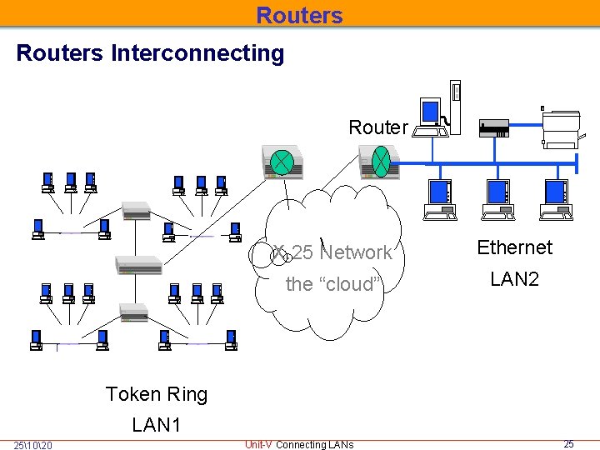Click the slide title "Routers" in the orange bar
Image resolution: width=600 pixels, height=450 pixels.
[x=299, y=15]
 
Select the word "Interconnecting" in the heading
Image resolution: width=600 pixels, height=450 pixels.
[x=197, y=53]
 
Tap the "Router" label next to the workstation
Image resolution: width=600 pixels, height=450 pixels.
[x=378, y=127]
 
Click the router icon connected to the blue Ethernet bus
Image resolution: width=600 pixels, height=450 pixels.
[x=379, y=162]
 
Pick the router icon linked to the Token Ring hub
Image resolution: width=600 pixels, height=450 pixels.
[x=282, y=162]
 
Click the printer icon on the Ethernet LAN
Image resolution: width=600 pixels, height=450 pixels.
[x=562, y=129]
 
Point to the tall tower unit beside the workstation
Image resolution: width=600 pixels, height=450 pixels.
[x=455, y=107]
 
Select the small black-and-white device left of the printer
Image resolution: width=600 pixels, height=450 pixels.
[x=494, y=128]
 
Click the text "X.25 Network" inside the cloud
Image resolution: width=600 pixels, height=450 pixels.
[x=332, y=252]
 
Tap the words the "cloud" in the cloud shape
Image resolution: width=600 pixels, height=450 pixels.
[x=333, y=284]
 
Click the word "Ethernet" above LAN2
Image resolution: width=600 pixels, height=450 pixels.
[x=515, y=247]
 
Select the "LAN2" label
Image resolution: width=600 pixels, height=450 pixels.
[x=515, y=278]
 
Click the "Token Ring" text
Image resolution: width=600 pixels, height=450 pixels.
[x=157, y=394]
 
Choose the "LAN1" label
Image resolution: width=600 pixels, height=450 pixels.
[x=156, y=425]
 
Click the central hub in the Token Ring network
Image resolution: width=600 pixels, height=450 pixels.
[x=138, y=265]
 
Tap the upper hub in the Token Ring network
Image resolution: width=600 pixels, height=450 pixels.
[x=136, y=211]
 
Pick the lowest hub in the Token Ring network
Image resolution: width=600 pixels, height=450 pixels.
[x=133, y=312]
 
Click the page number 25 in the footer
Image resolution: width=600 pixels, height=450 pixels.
[x=568, y=444]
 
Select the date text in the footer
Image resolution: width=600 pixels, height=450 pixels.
[x=32, y=445]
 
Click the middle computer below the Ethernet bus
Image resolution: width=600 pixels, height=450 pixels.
[x=497, y=200]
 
